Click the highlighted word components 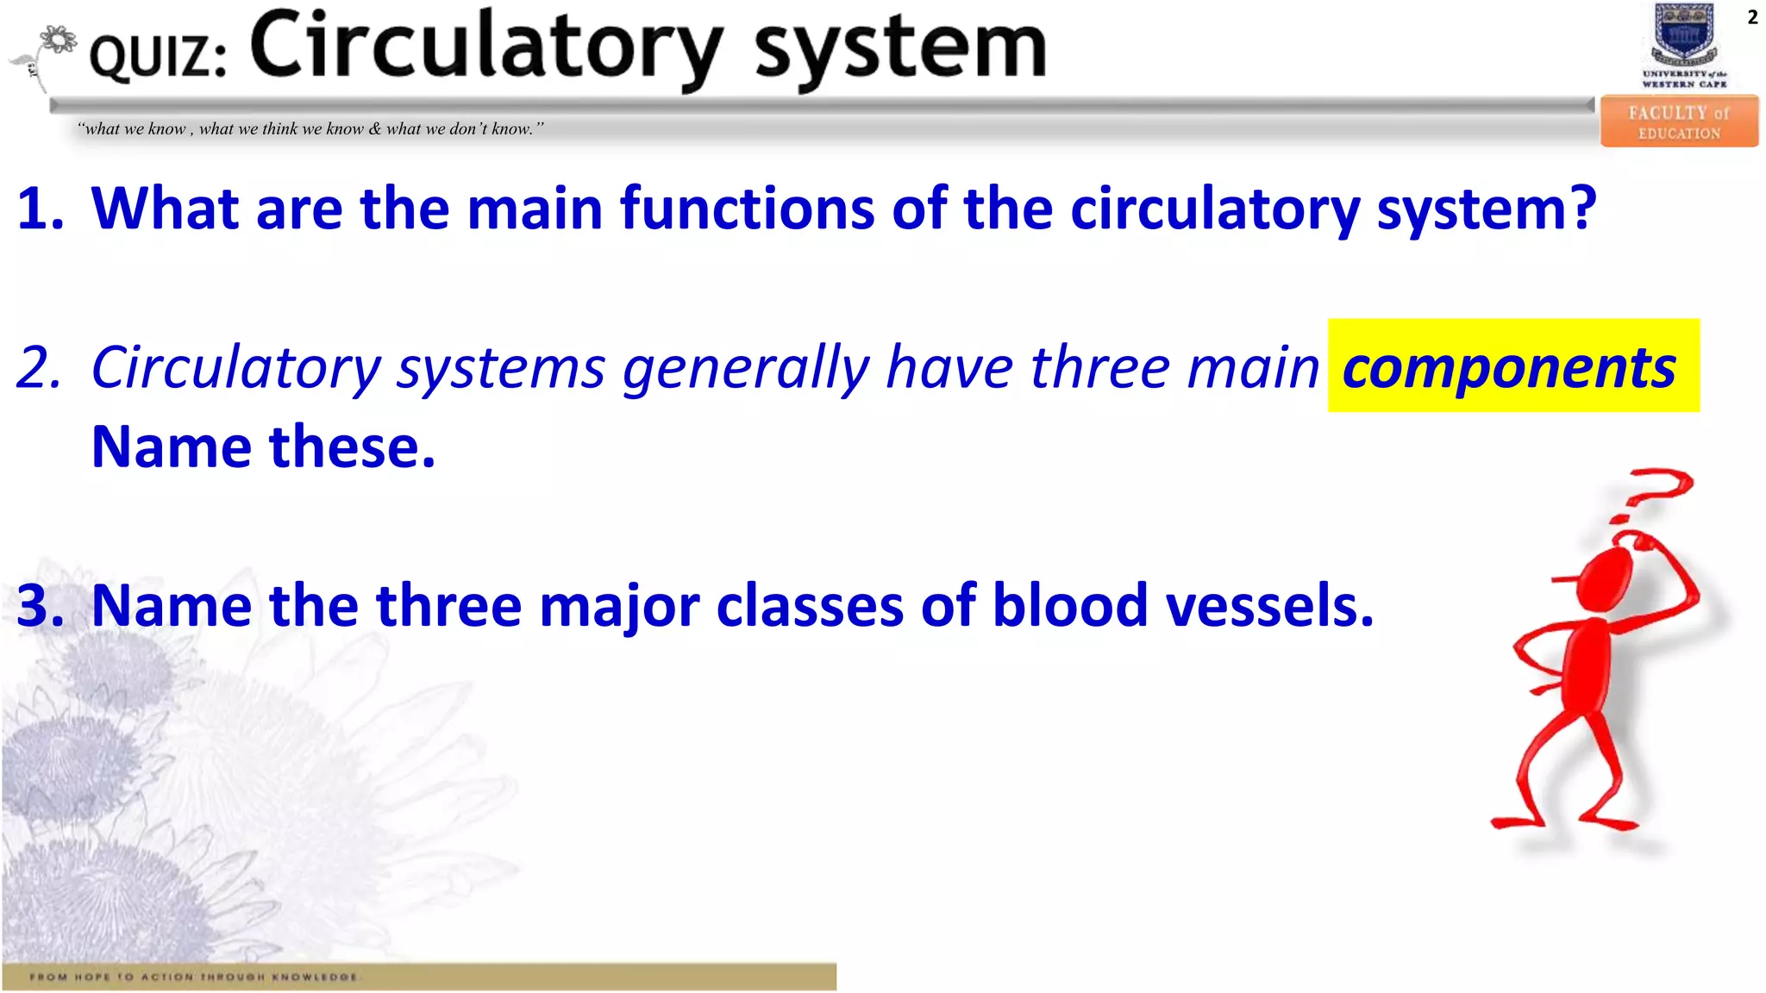[x=1509, y=367]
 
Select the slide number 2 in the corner [x=1752, y=17]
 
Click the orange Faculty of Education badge [x=1679, y=122]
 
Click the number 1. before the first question [x=41, y=209]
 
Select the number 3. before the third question [x=41, y=606]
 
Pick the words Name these [x=263, y=447]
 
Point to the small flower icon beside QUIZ [x=57, y=41]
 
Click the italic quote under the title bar [x=310, y=129]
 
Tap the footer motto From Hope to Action [x=194, y=977]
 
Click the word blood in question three [x=1070, y=606]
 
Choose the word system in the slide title [x=900, y=49]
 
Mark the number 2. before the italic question [x=41, y=368]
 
